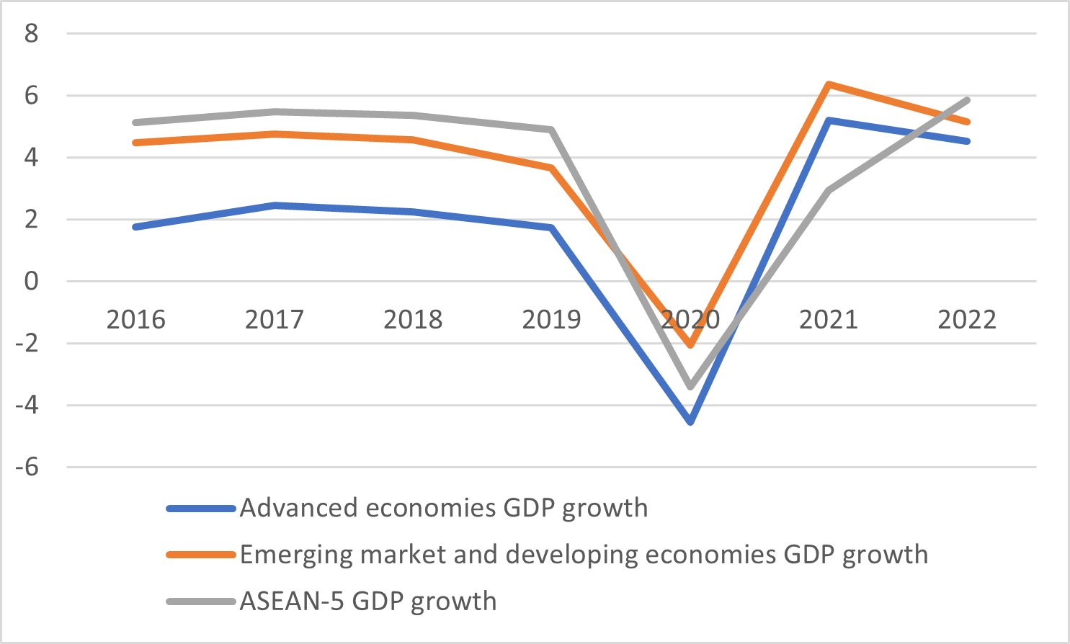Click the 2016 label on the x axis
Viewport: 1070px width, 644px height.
pyautogui.click(x=135, y=319)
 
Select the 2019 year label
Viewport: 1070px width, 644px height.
pyautogui.click(x=551, y=319)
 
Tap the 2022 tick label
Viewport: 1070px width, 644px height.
pyautogui.click(x=967, y=319)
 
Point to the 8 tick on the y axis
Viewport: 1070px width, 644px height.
pyautogui.click(x=31, y=33)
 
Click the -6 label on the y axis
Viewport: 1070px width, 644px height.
pyautogui.click(x=27, y=467)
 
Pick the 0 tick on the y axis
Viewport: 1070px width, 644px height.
pyautogui.click(x=31, y=281)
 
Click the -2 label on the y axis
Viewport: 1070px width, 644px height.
pyautogui.click(x=27, y=343)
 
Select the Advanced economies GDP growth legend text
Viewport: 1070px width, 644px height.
pyautogui.click(x=444, y=508)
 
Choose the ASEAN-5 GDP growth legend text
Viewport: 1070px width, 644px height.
pyautogui.click(x=368, y=601)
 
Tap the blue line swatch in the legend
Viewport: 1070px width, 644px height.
pyautogui.click(x=201, y=509)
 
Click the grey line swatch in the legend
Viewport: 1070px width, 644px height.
pyautogui.click(x=201, y=601)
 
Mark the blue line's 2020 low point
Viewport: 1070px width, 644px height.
pyautogui.click(x=690, y=421)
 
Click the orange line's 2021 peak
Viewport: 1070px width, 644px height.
pyautogui.click(x=829, y=84)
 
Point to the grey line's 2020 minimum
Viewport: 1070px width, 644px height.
pyautogui.click(x=690, y=387)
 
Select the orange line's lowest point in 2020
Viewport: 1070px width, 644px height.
pyautogui.click(x=690, y=345)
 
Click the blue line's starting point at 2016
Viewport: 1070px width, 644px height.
pyautogui.click(x=135, y=227)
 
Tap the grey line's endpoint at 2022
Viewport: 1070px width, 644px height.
pyautogui.click(x=967, y=100)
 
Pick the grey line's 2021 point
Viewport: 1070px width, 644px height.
pyautogui.click(x=829, y=190)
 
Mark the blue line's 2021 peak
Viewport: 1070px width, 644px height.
pyautogui.click(x=829, y=120)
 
